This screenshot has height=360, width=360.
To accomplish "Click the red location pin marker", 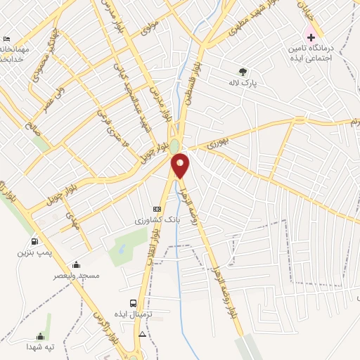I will [181, 166].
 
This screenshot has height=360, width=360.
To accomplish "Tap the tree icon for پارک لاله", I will [243, 71].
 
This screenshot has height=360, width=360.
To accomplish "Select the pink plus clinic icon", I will [311, 37].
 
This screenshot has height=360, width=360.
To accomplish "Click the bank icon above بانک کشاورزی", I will [157, 209].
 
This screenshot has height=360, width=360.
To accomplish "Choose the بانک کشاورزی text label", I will [158, 220].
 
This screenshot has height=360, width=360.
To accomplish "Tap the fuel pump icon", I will [35, 241].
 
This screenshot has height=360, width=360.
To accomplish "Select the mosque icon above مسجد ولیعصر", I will [77, 265].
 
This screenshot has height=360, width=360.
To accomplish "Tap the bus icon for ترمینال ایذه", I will [143, 304].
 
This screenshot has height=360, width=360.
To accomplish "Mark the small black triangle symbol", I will [143, 333].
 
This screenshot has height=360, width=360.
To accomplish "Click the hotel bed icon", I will [7, 38].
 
